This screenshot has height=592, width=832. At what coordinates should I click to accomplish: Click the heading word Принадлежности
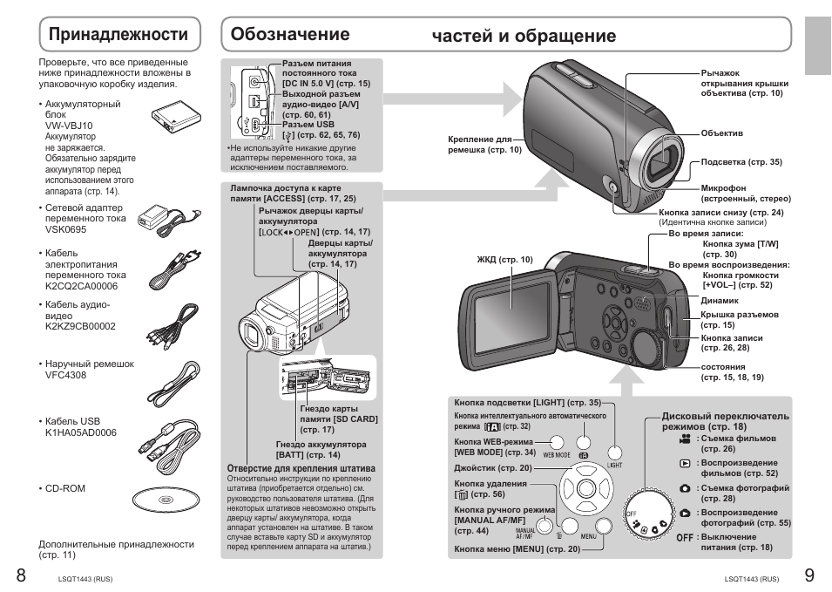tap(118, 34)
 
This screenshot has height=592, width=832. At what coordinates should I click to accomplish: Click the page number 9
tap(809, 575)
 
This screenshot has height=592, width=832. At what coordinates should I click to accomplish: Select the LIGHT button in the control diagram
tap(615, 453)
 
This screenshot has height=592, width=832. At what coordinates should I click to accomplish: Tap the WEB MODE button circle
tap(557, 443)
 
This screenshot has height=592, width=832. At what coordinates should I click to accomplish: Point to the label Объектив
tap(721, 133)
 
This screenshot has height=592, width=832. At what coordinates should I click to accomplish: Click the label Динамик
tap(719, 300)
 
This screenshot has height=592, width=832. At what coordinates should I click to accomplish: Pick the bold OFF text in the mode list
tap(685, 537)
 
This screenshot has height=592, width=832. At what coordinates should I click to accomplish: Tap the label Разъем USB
tap(308, 125)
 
